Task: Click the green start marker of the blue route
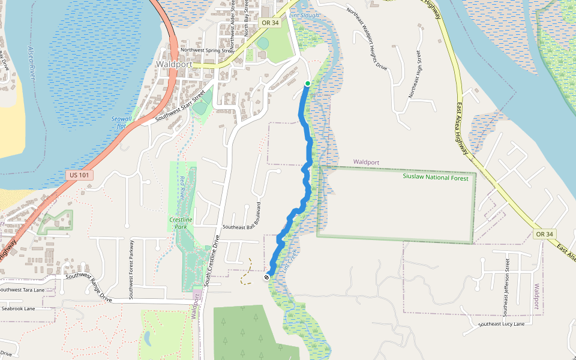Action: [307, 83]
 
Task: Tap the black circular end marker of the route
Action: [266, 277]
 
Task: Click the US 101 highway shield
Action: [74, 175]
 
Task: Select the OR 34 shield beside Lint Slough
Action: [271, 23]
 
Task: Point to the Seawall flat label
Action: [120, 122]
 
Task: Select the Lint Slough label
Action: [304, 15]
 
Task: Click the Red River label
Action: [182, 189]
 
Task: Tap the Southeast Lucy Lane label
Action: [502, 324]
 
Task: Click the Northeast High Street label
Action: [415, 75]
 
